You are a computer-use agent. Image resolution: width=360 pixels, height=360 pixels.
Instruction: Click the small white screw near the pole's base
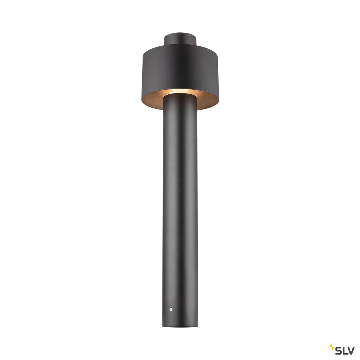click(x=171, y=309)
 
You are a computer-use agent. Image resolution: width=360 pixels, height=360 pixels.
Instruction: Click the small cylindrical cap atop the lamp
click(x=180, y=39)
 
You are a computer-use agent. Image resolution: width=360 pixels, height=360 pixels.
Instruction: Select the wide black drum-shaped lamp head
click(x=180, y=68)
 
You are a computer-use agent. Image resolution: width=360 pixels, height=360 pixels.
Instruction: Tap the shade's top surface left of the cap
click(x=153, y=49)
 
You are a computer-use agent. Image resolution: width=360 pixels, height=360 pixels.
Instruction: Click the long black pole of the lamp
click(x=180, y=209)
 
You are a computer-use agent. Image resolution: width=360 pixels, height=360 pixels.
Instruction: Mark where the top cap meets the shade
click(x=180, y=46)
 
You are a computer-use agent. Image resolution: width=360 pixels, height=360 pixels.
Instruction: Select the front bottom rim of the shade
click(x=180, y=109)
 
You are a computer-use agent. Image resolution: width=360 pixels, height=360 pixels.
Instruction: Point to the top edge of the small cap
click(x=180, y=34)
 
